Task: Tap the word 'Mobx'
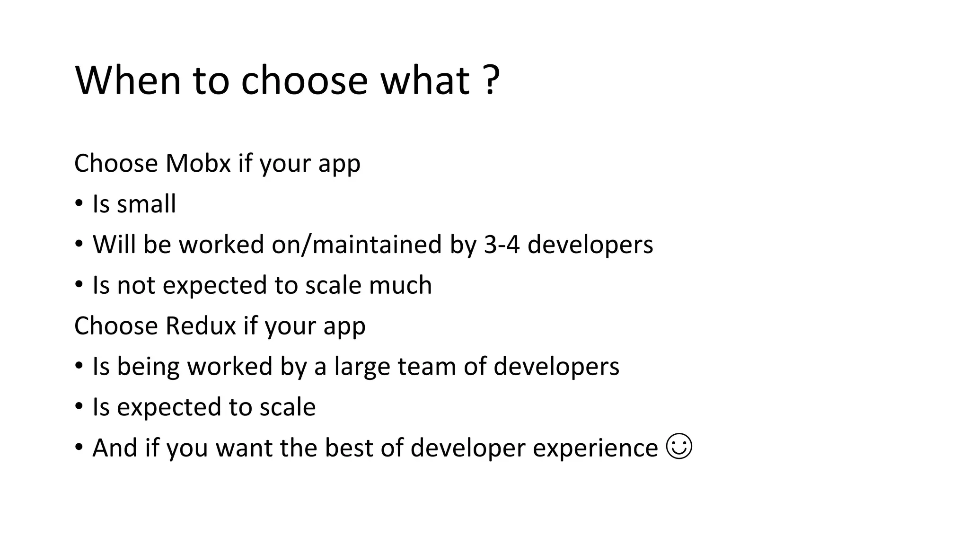tap(198, 164)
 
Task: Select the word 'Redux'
tap(201, 326)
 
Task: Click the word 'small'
tap(146, 204)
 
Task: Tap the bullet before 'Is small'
tap(79, 204)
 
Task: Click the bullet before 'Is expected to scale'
tap(79, 407)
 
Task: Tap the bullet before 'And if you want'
tap(79, 448)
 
